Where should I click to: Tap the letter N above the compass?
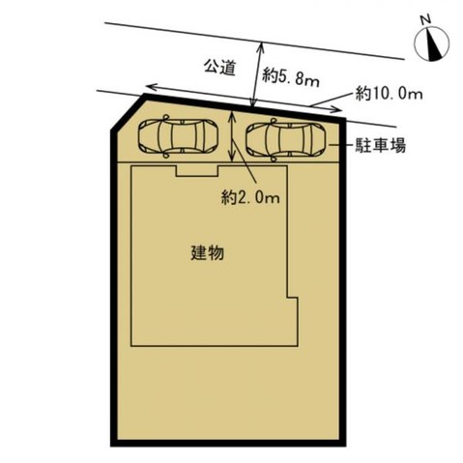(424, 19)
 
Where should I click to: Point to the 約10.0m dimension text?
(390, 94)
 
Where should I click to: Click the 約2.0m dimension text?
(249, 198)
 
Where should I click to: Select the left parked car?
(178, 137)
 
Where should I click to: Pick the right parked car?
(284, 140)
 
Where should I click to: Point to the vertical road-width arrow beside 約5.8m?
(255, 72)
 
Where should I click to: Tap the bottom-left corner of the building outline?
(130, 345)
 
